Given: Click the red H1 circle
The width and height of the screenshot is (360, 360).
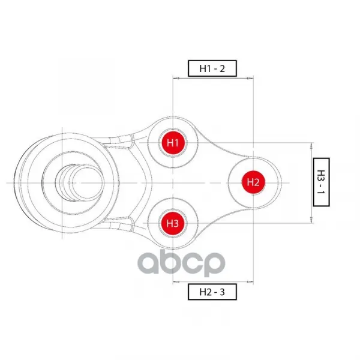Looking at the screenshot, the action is coord(173,143).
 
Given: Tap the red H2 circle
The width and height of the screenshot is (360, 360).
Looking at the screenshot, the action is coord(253,182).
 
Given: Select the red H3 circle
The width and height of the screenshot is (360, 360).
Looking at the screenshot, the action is coord(173,223).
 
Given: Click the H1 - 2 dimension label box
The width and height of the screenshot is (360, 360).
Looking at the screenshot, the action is coord(212,68).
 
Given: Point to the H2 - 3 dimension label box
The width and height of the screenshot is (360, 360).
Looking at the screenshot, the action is coord(212,292).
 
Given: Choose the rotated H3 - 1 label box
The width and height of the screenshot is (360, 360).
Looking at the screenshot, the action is coord(321,182).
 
